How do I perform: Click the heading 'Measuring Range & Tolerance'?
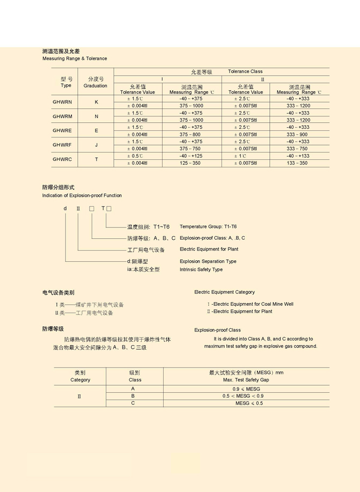tap(75, 58)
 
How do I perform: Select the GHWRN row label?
tap(62, 102)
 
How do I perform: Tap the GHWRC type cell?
tap(62, 159)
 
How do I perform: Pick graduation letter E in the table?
tap(97, 131)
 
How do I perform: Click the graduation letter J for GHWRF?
tap(97, 145)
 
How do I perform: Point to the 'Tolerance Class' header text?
tap(245, 71)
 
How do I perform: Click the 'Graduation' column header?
tap(95, 86)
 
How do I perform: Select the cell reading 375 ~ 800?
tap(191, 135)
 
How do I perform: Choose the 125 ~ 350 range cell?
tap(191, 163)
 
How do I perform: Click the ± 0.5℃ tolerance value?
tap(135, 156)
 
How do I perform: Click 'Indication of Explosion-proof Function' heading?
tap(82, 196)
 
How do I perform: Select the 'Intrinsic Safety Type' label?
tap(201, 269)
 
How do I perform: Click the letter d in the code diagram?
tap(65, 208)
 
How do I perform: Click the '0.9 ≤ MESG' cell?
tap(246, 389)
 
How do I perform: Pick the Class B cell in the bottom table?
tap(133, 396)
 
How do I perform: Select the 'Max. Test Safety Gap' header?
tap(246, 380)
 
